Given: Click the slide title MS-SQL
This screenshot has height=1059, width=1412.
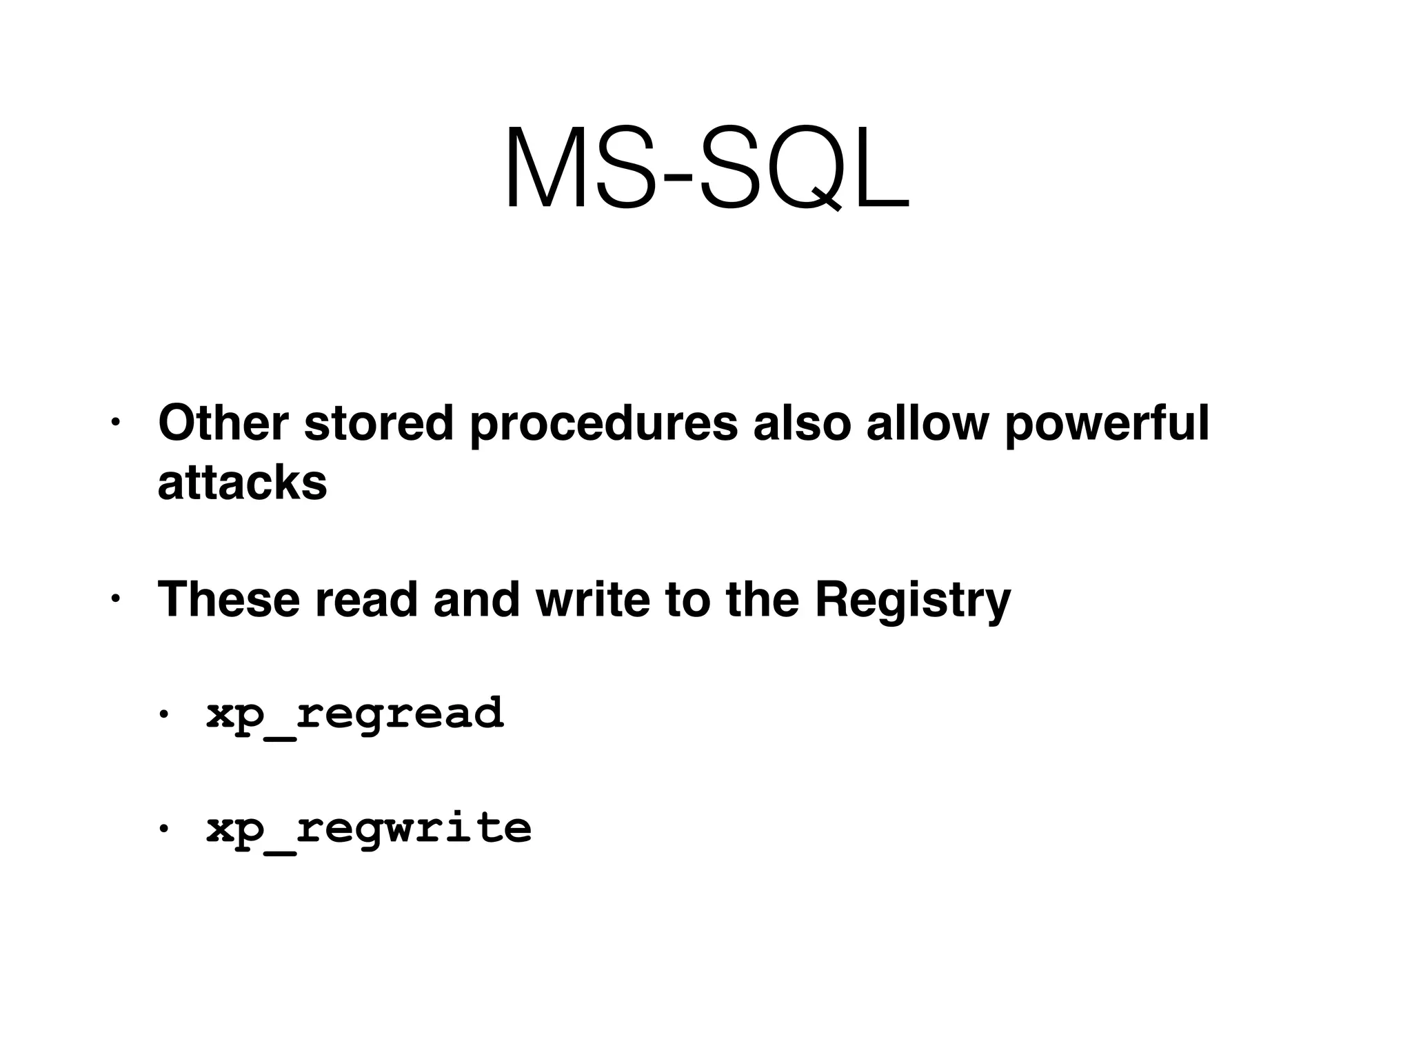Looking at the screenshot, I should pos(707,168).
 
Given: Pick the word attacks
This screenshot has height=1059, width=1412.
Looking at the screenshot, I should pos(242,483).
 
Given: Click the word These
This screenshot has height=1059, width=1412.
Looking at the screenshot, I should pos(228,599).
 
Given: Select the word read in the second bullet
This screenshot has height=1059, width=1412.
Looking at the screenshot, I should pos(366,599).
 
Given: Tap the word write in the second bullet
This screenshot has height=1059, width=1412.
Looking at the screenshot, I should pos(592,599).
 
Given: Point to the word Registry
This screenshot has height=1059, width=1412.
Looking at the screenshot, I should pos(912,601).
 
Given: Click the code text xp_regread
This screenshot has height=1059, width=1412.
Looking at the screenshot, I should pos(355,714).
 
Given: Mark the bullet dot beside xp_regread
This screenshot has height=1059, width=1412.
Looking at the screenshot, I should pos(163,714).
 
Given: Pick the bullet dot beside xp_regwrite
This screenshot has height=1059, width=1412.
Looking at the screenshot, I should pos(163,828).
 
